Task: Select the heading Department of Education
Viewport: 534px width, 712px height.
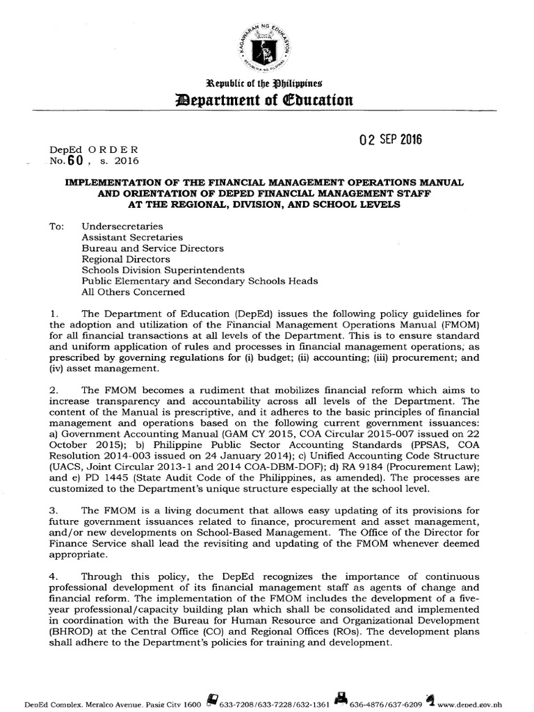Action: coord(266,100)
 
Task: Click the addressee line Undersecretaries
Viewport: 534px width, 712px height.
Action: coord(122,226)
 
